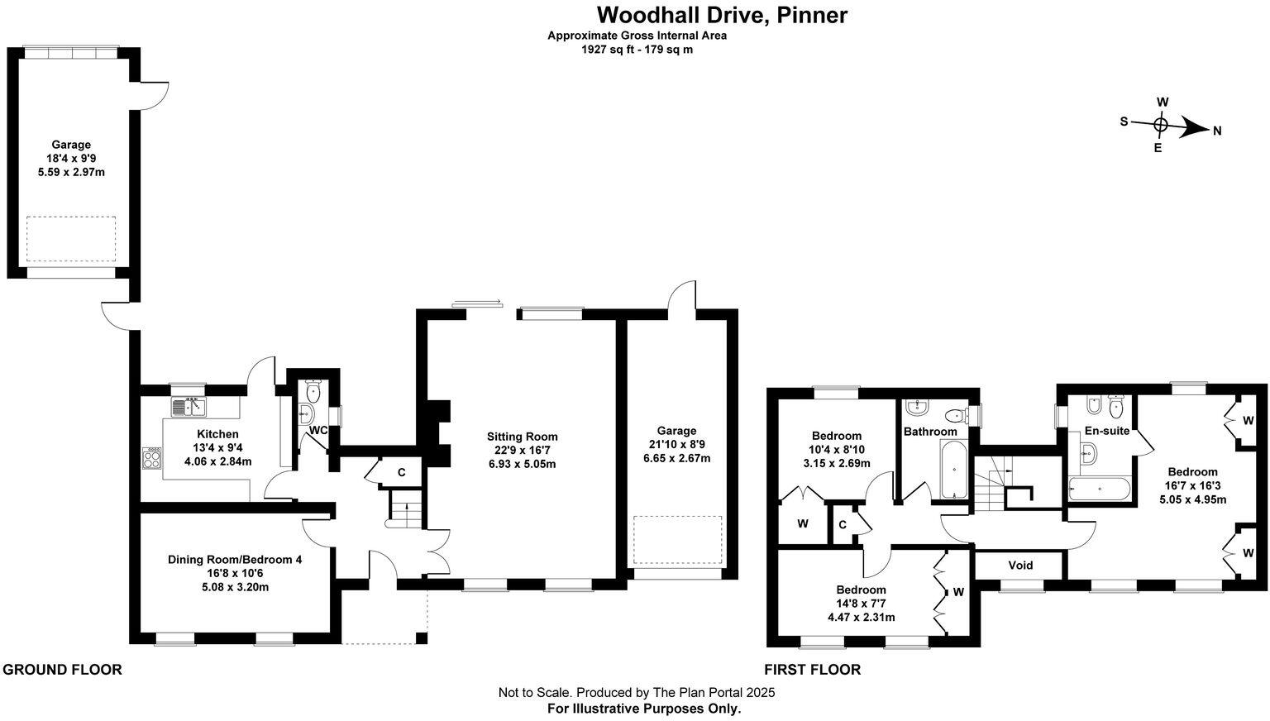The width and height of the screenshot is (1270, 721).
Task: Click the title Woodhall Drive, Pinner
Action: pyautogui.click(x=722, y=15)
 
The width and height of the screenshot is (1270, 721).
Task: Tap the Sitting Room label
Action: pyautogui.click(x=522, y=437)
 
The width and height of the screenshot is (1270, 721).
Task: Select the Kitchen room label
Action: pyautogui.click(x=217, y=434)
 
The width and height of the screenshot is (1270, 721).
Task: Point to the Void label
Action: pyautogui.click(x=1020, y=566)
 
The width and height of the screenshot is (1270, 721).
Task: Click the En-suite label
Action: pyautogui.click(x=1106, y=431)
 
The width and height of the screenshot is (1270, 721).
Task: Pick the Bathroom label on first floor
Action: pyautogui.click(x=930, y=432)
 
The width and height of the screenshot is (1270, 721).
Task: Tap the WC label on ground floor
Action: pyautogui.click(x=318, y=431)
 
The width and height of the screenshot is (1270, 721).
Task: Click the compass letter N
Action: pyautogui.click(x=1217, y=131)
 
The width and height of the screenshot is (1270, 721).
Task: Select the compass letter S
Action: pyautogui.click(x=1124, y=122)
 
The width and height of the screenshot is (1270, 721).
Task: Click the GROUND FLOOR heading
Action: pyautogui.click(x=63, y=670)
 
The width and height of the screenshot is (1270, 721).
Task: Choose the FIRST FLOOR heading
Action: pyautogui.click(x=812, y=670)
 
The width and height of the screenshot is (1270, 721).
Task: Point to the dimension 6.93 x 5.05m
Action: pyautogui.click(x=522, y=464)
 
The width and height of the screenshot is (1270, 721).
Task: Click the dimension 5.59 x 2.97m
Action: pyautogui.click(x=71, y=173)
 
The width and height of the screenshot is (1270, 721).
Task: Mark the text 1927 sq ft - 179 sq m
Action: pyautogui.click(x=637, y=50)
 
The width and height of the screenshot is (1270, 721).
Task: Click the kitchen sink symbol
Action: pyautogui.click(x=189, y=407)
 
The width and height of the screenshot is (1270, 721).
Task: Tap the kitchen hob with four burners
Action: pyautogui.click(x=152, y=457)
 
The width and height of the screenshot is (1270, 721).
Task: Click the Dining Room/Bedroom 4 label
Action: pyautogui.click(x=235, y=560)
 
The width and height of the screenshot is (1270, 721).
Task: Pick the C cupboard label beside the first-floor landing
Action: pyautogui.click(x=843, y=524)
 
